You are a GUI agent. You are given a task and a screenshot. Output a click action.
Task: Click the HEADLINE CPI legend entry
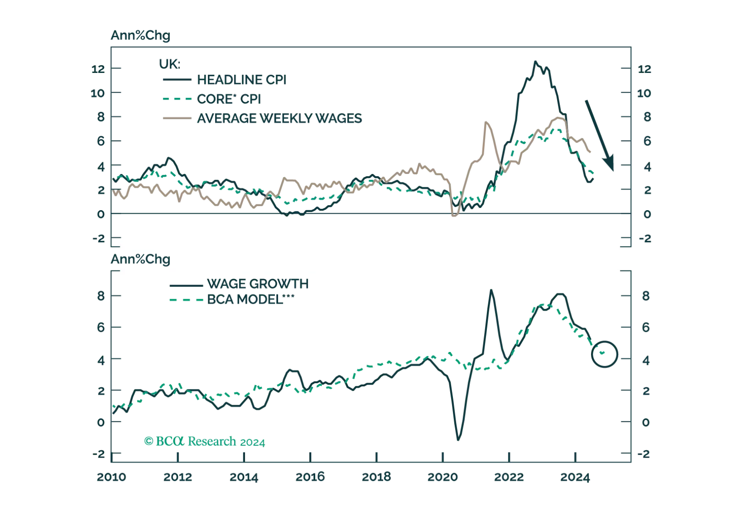[x=240, y=79]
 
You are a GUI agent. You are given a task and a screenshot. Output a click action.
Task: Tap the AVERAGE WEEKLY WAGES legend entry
[x=279, y=118]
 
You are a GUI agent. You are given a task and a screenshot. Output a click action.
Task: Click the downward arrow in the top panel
[x=600, y=135]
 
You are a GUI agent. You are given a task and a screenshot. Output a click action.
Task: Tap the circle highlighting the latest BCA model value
[x=604, y=353]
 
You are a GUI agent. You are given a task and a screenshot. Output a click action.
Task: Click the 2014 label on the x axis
[x=244, y=478]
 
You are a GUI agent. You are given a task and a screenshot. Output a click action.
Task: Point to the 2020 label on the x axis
[x=443, y=478]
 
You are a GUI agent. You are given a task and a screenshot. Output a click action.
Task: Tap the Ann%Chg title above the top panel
[x=140, y=35]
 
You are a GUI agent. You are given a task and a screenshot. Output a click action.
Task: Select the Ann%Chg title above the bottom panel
[x=140, y=259]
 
